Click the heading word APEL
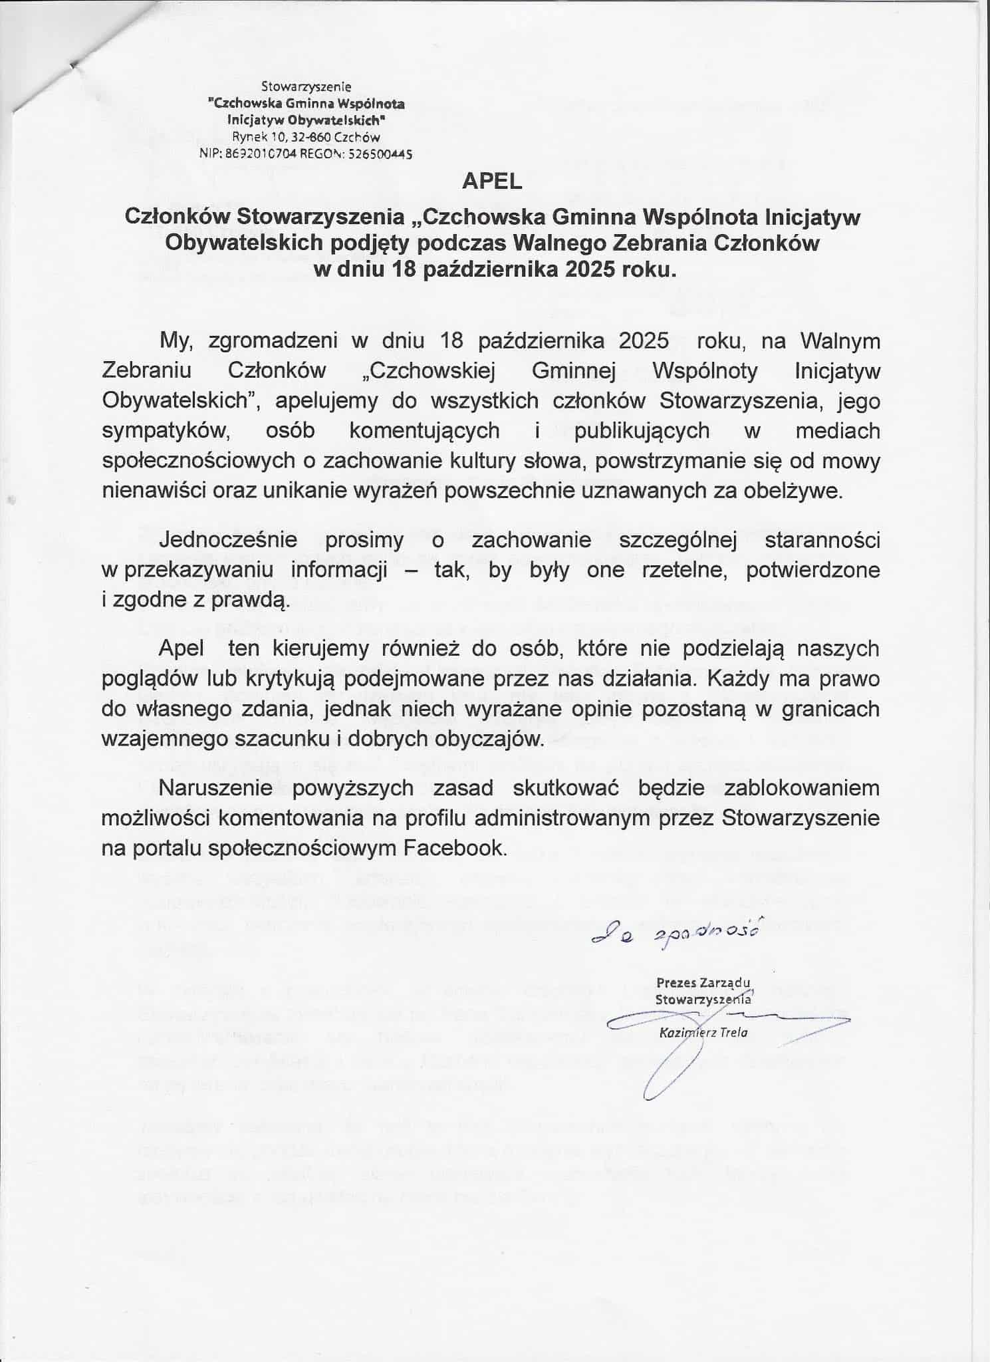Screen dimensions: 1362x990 click(x=493, y=182)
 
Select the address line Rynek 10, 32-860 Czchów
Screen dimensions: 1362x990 click(x=306, y=137)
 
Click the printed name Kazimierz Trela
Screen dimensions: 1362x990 click(x=703, y=1033)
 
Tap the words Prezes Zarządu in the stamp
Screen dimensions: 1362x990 click(x=703, y=982)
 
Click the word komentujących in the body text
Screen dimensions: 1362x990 click(x=424, y=430)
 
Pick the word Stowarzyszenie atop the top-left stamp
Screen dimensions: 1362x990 click(x=306, y=86)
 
